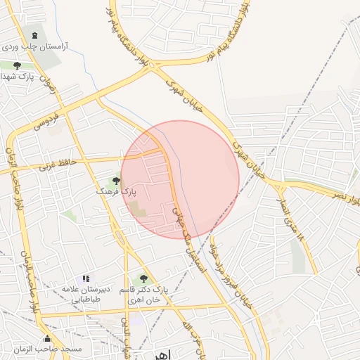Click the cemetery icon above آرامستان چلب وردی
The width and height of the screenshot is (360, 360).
click(x=35, y=34)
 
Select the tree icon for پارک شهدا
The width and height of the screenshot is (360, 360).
click(x=17, y=65)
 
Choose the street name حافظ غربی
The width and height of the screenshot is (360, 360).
click(x=57, y=165)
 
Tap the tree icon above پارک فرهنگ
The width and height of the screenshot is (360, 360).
click(x=117, y=181)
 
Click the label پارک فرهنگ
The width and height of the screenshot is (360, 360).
click(x=117, y=191)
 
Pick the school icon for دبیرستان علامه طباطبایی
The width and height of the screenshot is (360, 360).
click(x=86, y=278)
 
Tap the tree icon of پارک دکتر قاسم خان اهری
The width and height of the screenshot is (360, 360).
click(x=144, y=279)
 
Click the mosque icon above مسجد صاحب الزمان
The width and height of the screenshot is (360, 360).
click(x=47, y=338)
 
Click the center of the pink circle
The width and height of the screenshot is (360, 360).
click(x=180, y=179)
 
